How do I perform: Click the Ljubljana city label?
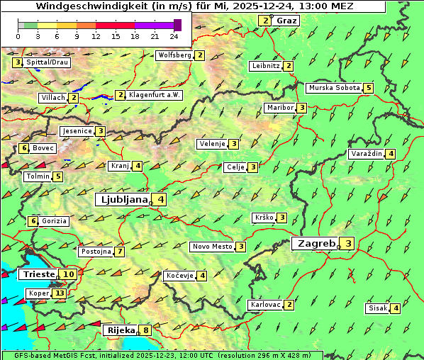pos(122,200)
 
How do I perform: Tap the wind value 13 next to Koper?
pos(59,293)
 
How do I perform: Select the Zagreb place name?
pos(315,244)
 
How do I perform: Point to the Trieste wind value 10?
pos(69,274)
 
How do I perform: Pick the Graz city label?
pos(286,21)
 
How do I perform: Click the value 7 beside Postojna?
pos(121,252)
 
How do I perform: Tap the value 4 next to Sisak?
pos(396,308)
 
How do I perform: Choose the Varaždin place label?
pos(366,154)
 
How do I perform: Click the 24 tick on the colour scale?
pos(174,36)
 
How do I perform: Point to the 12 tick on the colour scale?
pos(96,36)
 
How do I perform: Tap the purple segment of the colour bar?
pos(154,25)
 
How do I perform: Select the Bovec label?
pos(43,148)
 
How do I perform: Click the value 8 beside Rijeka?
pos(146,330)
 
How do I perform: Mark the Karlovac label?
pos(266,305)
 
